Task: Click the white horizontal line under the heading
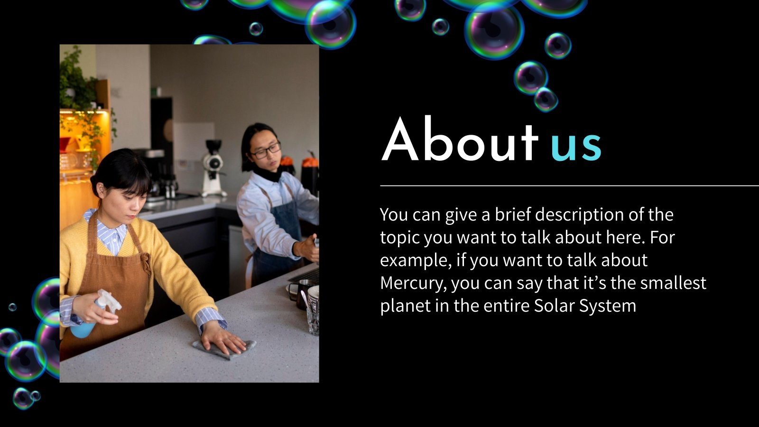[569, 186]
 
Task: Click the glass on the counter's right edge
[313, 313]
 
